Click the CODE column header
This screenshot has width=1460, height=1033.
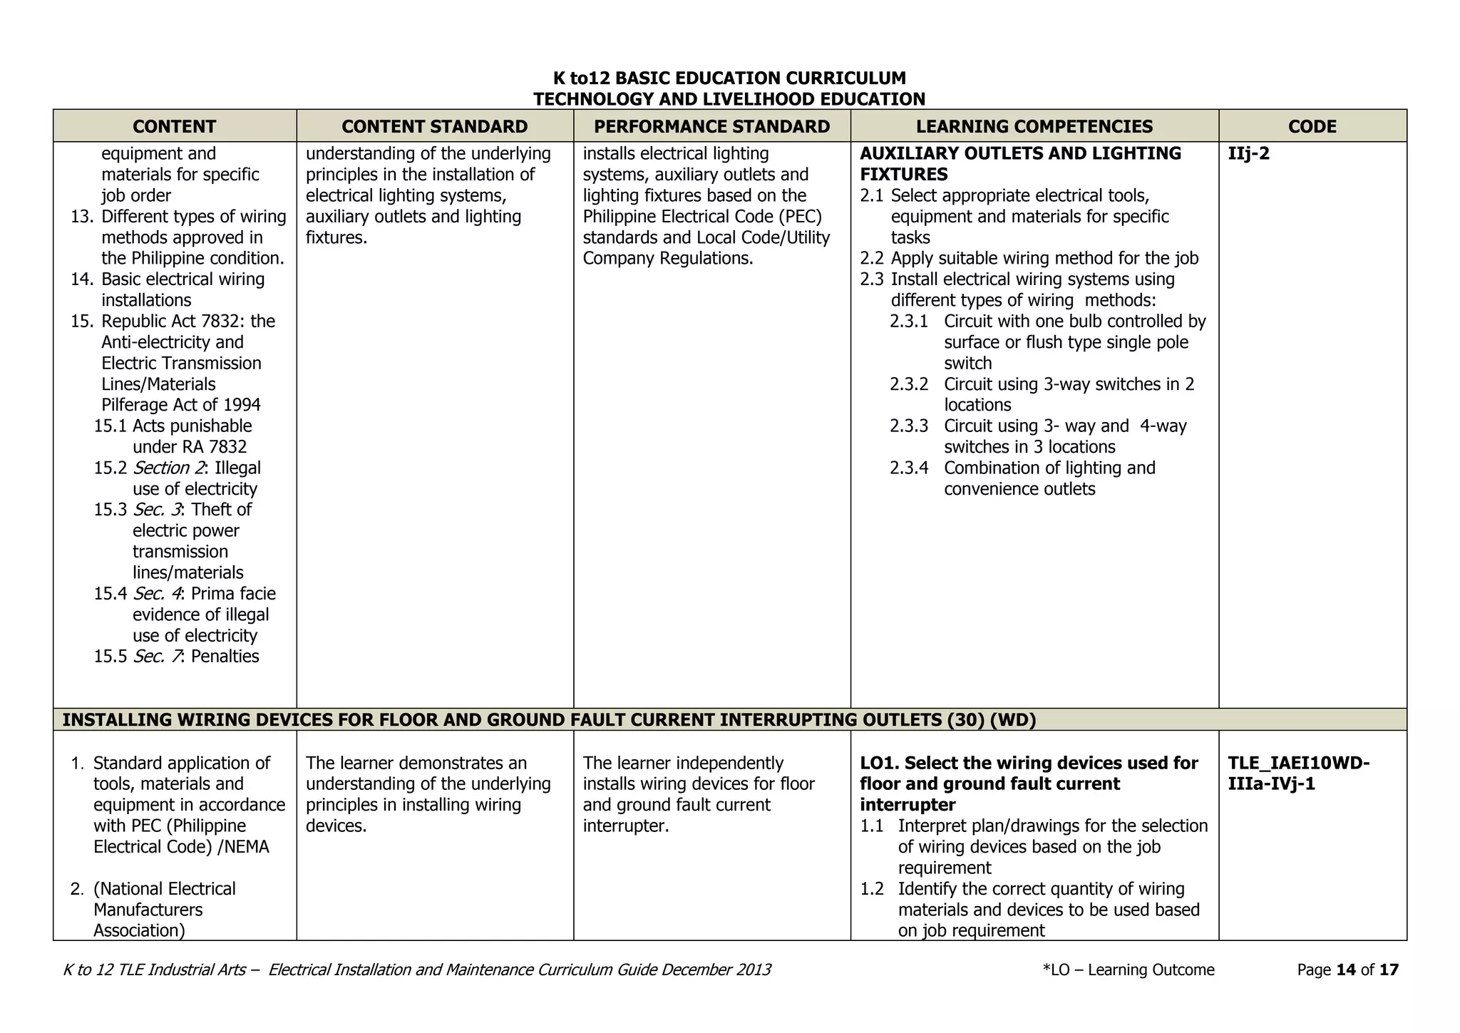click(1312, 126)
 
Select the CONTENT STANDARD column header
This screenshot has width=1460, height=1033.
click(434, 126)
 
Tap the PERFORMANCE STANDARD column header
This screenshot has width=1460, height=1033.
click(711, 126)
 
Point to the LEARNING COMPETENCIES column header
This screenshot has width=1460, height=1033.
click(1034, 126)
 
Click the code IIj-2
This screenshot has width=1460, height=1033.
click(1248, 154)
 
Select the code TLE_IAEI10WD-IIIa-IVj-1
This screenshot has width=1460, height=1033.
click(1297, 774)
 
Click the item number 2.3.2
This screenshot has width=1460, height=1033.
click(908, 384)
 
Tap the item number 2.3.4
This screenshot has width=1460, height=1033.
click(908, 468)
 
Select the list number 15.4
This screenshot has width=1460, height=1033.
click(110, 594)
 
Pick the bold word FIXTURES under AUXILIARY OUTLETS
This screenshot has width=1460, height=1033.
click(903, 175)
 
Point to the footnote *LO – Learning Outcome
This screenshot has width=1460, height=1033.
click(1128, 970)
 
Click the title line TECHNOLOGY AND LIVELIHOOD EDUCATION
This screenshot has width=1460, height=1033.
click(729, 99)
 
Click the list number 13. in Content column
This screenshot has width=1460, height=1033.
click(82, 217)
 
